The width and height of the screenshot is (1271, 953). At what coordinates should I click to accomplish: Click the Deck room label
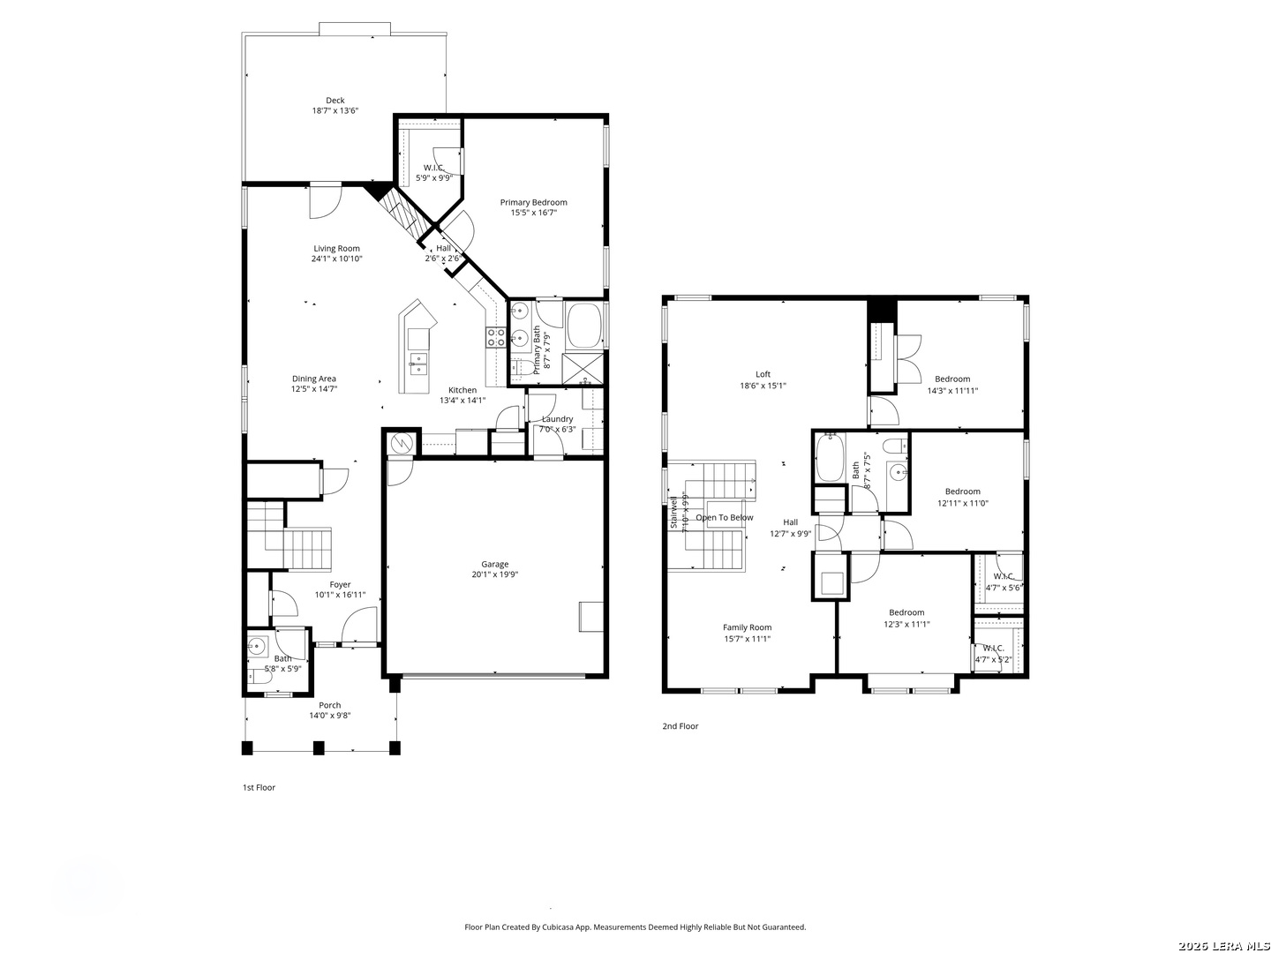335,101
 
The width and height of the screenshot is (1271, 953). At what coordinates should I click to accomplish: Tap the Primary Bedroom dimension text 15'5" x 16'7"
533,213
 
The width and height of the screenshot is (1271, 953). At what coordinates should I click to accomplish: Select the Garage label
494,564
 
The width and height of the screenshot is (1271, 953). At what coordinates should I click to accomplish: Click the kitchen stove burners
496,337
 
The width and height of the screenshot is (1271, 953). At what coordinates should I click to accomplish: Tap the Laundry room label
557,419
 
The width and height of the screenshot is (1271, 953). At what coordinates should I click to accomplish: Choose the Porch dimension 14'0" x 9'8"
329,715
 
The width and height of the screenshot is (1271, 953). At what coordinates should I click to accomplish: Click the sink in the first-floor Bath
257,645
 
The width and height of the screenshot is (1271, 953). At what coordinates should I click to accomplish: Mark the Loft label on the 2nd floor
763,374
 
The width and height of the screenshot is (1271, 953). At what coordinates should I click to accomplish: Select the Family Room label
747,627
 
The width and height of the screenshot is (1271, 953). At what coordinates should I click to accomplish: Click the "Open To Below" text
725,517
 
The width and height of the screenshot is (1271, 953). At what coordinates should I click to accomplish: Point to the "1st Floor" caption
259,787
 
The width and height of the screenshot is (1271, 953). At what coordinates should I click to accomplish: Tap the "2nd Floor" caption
681,726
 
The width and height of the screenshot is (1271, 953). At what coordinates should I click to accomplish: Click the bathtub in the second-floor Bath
830,458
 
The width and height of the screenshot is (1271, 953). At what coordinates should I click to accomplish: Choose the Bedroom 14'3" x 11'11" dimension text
952,391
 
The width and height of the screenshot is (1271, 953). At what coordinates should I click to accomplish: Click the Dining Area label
314,379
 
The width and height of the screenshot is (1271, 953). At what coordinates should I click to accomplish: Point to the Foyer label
340,584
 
